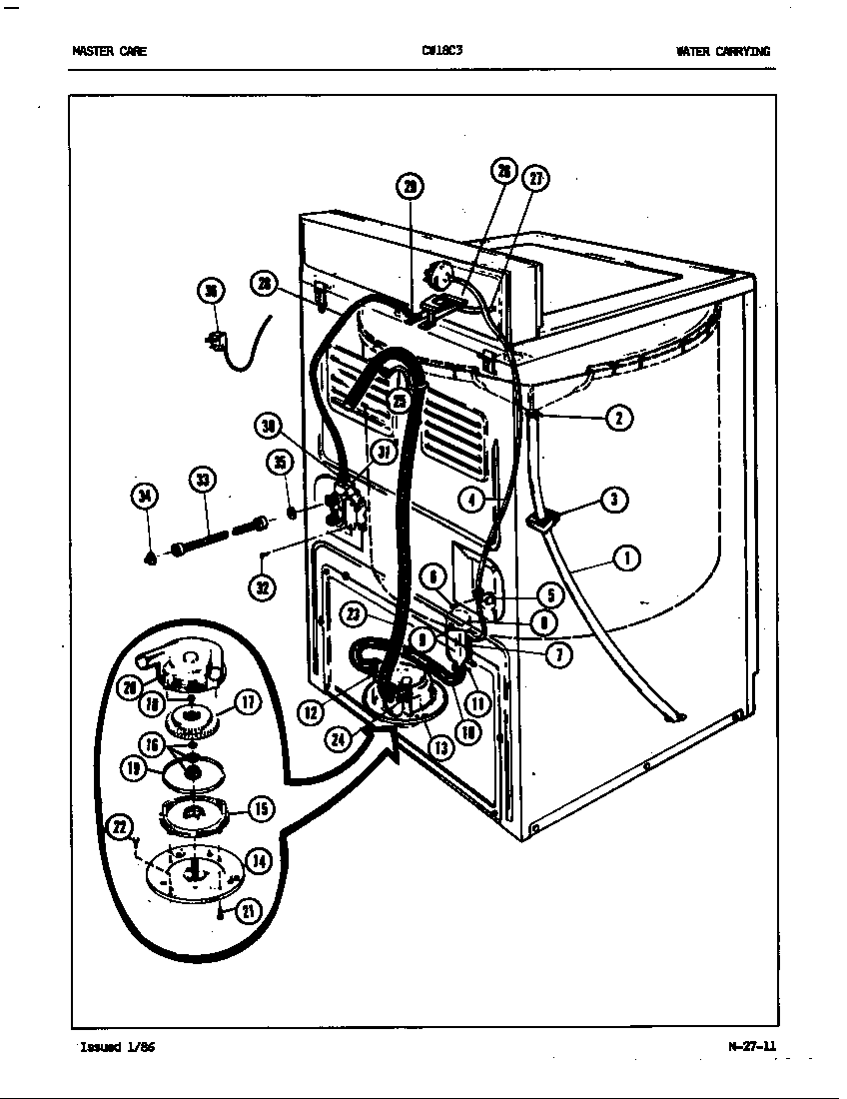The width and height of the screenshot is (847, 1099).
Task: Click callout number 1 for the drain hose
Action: tap(626, 558)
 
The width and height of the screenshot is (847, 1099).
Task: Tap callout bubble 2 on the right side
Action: tap(619, 418)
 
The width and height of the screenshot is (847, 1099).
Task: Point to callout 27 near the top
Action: tap(537, 179)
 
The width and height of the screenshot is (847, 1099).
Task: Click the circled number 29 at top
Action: tap(410, 186)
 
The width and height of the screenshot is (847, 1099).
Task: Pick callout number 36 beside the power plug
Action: tap(210, 291)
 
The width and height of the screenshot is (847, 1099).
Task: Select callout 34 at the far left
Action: tap(146, 495)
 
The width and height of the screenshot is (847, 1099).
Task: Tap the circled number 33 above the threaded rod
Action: tap(203, 481)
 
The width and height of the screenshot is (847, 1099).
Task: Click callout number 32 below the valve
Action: tap(262, 587)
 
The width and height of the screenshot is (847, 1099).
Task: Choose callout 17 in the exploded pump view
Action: tap(248, 702)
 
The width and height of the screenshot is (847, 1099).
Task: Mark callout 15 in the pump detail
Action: tap(260, 808)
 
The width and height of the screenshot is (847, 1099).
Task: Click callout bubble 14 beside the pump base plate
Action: tap(258, 861)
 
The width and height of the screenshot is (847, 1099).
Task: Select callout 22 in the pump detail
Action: tap(121, 825)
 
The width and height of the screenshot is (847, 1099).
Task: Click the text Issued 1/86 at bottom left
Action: tap(116, 1047)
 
